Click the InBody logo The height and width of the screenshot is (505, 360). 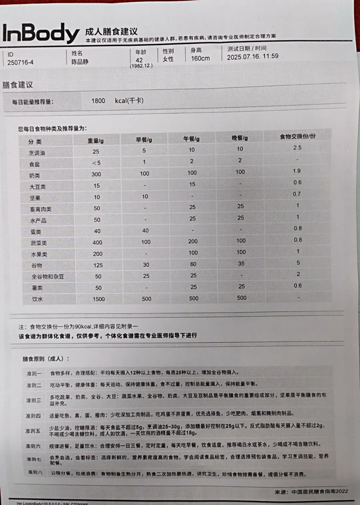pos(41,33)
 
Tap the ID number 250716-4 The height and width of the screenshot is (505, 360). pos(20,62)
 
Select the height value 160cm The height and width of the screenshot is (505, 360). pos(200,58)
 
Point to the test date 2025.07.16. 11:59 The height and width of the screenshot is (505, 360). pos(253,56)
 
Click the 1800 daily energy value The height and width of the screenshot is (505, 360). pos(98,101)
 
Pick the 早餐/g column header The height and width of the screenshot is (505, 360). pos(144,140)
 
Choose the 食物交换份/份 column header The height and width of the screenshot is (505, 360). pos(298,136)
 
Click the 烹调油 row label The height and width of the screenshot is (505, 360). pos(37,153)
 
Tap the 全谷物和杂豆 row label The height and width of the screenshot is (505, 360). pos(48,277)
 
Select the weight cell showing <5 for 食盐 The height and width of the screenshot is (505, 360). pos(96,163)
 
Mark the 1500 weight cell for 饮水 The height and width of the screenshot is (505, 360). pos(99,299)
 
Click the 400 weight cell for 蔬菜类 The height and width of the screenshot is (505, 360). pos(97,242)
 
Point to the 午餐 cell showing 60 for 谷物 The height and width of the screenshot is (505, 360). pos(193,264)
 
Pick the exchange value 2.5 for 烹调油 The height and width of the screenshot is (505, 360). pos(297,147)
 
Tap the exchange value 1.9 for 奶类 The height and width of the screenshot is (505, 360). pos(297,171)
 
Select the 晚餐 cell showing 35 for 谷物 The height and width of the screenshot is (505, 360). pos(241,264)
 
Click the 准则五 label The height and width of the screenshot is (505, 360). pos(33,431)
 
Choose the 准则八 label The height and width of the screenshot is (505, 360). pos(35,472)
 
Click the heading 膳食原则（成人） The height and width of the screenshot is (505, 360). pos(46,359)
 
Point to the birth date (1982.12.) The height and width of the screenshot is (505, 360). pos(141,66)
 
